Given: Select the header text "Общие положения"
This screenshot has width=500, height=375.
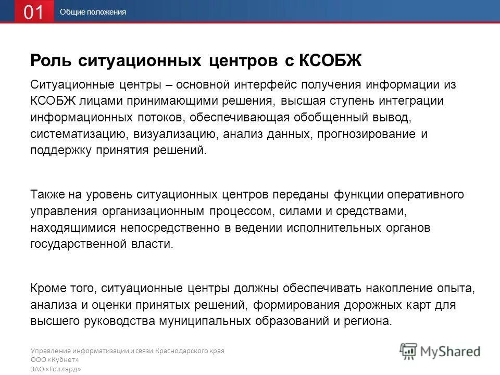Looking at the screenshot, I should pos(93,12).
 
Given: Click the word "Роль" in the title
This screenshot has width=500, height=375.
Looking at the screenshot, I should pos(51,60).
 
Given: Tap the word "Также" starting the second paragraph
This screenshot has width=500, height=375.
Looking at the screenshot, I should pos(48,194).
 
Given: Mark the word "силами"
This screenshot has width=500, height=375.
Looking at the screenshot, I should pos(298,211).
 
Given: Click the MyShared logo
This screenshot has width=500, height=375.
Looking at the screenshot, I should pos(440,350).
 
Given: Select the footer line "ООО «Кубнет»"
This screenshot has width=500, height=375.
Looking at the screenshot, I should pos(55,360).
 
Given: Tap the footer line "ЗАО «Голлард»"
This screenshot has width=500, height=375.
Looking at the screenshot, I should pos(56,369).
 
